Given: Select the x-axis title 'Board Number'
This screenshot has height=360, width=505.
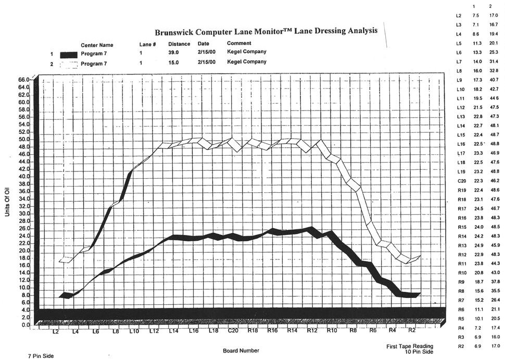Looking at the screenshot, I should click(241, 351).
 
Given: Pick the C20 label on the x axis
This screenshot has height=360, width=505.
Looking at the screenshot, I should click(233, 331).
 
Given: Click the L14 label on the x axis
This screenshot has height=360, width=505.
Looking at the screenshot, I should click(173, 331).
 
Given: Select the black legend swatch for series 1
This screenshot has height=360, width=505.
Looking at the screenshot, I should click(68, 54).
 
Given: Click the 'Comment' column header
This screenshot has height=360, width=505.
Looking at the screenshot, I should click(239, 43).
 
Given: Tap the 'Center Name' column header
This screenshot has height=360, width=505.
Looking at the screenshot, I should click(97, 45).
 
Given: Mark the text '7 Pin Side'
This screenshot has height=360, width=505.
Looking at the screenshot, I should click(40, 356).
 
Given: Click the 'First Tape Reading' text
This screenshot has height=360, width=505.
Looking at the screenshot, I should click(410, 346).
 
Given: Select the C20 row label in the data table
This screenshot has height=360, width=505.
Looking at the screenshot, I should click(459, 180).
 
